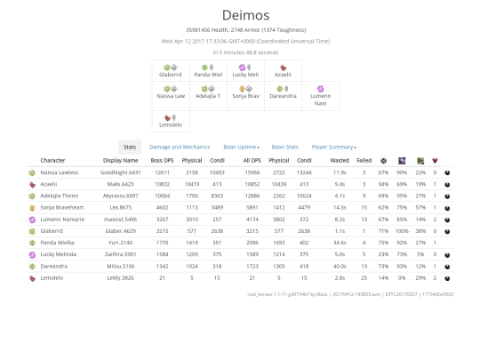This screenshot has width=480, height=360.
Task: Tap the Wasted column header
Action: [x=339, y=161]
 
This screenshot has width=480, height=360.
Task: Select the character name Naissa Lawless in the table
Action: [x=60, y=172]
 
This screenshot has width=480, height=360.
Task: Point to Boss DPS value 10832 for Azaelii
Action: [x=161, y=183]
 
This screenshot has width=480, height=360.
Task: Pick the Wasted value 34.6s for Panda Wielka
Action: [x=339, y=242]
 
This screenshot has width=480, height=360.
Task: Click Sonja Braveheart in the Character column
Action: [x=63, y=206]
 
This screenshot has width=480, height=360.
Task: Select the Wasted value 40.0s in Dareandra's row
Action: [x=339, y=265]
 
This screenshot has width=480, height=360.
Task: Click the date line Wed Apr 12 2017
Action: [x=239, y=41]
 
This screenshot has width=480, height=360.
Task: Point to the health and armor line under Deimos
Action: [x=239, y=30]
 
